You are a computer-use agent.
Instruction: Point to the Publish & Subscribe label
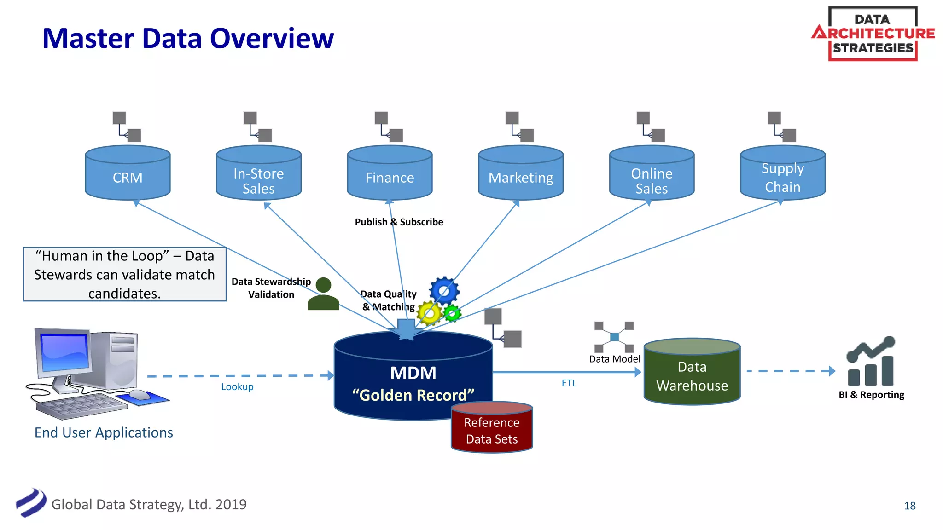(x=399, y=222)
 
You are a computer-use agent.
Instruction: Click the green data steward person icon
(x=323, y=294)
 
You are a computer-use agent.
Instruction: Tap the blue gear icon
(x=444, y=291)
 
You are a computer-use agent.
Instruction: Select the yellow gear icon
(x=429, y=313)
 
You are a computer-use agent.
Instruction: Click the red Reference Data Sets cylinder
(x=492, y=428)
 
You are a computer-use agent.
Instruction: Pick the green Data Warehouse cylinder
(x=692, y=373)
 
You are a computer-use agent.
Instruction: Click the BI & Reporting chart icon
(x=871, y=362)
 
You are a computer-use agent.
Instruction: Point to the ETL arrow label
(x=569, y=383)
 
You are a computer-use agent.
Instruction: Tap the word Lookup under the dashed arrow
(x=237, y=387)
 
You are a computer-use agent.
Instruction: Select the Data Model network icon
(x=614, y=337)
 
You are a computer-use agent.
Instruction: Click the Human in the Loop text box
(x=124, y=275)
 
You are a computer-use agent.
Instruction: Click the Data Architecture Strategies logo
(x=873, y=34)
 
